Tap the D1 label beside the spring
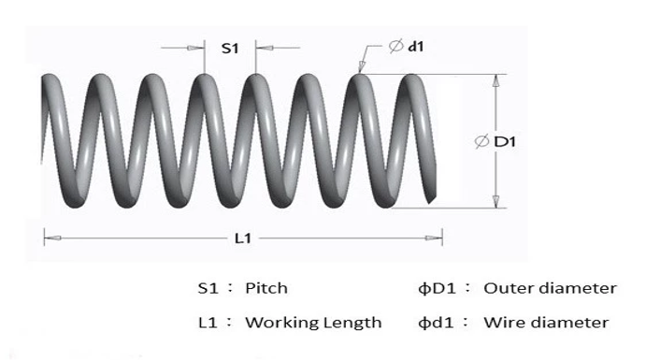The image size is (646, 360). (x=506, y=141)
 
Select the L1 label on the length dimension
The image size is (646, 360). (x=242, y=238)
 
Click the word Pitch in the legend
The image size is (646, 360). (x=266, y=288)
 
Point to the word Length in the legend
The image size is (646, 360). (x=352, y=323)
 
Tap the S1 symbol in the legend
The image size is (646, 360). (x=208, y=288)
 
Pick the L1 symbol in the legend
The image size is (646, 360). (x=208, y=323)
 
